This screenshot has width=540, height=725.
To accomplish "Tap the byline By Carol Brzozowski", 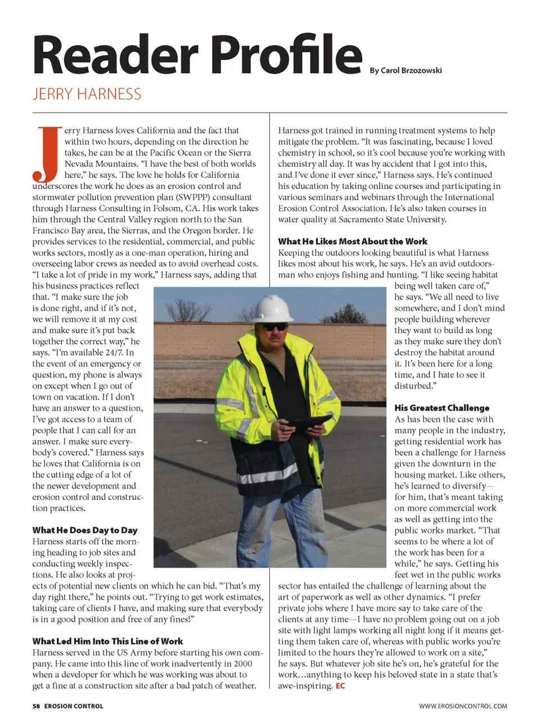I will point(406,70).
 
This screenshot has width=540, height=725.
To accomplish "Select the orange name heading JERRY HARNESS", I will point(87,94).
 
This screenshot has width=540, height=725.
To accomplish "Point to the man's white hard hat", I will point(273,310).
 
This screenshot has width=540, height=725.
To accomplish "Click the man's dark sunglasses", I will point(275,326).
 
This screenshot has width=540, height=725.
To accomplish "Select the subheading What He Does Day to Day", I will point(85,530).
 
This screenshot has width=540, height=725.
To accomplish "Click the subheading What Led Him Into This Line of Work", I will point(107,641).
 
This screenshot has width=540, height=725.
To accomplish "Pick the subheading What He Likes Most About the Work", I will point(353,241).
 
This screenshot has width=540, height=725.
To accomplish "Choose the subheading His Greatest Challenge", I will point(442,408).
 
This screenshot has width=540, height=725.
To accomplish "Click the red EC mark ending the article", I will point(340,686).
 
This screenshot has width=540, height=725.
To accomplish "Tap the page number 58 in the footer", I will point(36,706).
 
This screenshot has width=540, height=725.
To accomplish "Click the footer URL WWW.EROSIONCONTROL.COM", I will point(462,706).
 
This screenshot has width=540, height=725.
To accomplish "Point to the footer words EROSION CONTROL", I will point(74,706).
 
